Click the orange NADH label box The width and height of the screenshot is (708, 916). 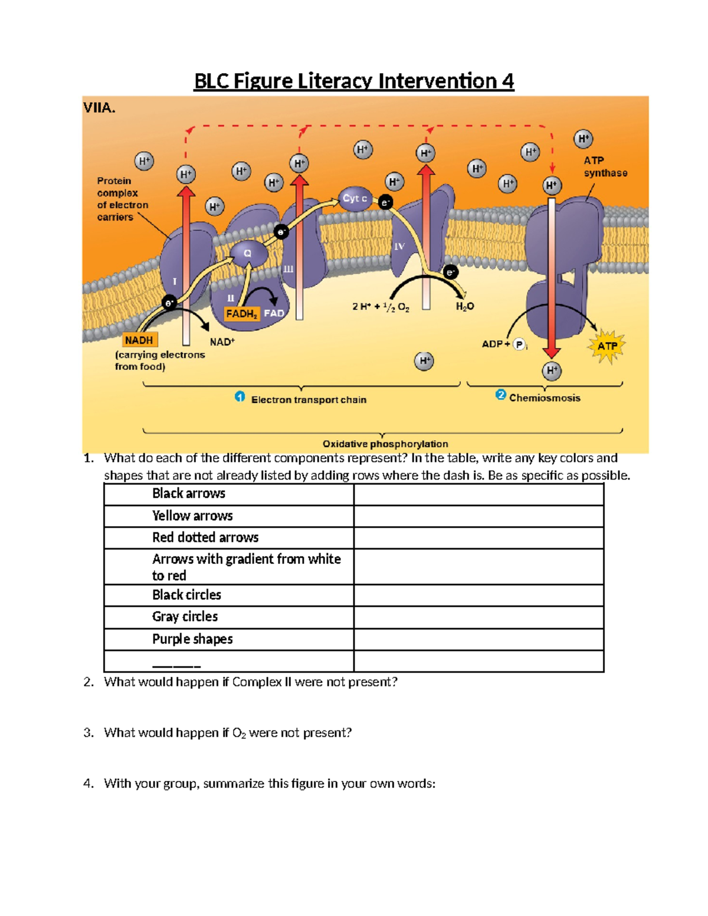[x=140, y=340]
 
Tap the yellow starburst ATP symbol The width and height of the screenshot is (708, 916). [x=607, y=346]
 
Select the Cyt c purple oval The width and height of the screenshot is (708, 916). [x=355, y=199]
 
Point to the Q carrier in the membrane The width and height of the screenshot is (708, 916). [x=248, y=253]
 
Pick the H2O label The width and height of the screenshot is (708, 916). [x=464, y=307]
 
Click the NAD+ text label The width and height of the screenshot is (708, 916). [x=222, y=342]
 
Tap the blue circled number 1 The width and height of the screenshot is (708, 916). [x=240, y=397]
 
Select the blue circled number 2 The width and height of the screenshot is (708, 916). [x=500, y=395]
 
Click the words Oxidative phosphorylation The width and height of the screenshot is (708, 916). [x=385, y=444]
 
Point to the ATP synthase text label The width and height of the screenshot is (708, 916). [x=605, y=167]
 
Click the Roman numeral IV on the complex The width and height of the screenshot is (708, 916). [x=399, y=247]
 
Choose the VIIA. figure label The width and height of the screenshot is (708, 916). [x=100, y=108]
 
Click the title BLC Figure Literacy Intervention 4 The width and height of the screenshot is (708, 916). [x=354, y=81]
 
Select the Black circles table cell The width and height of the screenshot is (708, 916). [x=186, y=595]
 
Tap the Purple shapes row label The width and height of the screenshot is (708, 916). [x=192, y=639]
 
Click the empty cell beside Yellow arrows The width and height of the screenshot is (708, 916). [x=478, y=516]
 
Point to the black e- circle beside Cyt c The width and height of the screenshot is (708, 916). [x=385, y=203]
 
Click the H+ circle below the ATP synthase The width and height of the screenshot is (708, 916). [x=552, y=371]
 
